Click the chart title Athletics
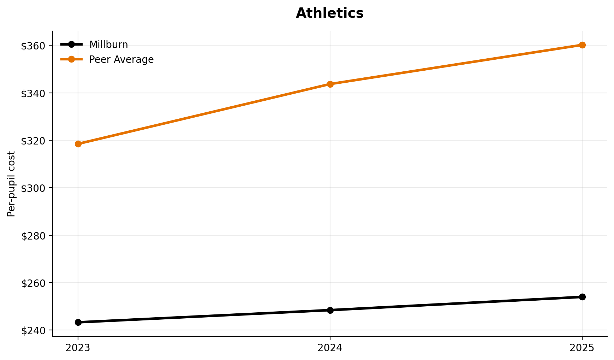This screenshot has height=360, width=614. point(329,13)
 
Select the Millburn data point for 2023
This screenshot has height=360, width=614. point(78,322)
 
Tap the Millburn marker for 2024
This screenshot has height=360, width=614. point(330,310)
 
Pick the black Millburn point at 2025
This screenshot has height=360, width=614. point(582,297)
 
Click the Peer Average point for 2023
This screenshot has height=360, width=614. point(78,144)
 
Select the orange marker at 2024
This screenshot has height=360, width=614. point(330,84)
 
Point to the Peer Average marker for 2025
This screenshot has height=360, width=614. point(582,45)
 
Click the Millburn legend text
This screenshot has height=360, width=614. point(108,45)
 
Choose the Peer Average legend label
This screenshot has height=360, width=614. point(121,60)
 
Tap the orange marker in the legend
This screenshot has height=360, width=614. point(71,59)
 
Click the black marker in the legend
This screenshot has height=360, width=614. point(71,45)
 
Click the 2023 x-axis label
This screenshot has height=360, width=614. point(78,348)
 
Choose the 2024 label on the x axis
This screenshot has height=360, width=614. point(330,348)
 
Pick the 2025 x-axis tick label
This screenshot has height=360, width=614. point(582,348)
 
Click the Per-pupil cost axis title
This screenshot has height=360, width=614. point(11,184)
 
